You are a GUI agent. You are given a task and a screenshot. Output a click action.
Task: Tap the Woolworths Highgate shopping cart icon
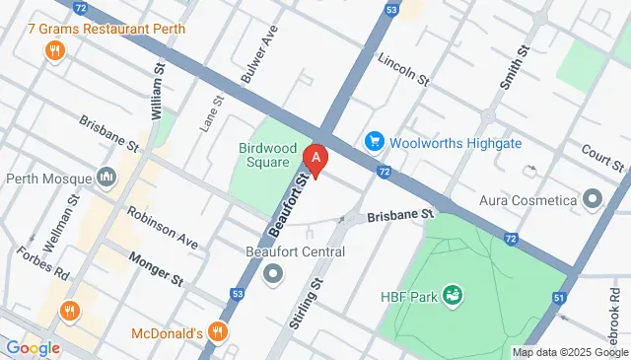tap(375, 142)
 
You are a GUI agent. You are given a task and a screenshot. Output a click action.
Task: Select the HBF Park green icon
tap(453, 294)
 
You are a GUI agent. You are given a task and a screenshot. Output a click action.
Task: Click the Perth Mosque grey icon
tap(107, 180)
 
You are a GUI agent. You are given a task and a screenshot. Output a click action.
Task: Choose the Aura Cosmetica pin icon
tap(593, 200)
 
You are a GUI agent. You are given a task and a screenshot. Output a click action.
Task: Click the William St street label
tap(157, 90)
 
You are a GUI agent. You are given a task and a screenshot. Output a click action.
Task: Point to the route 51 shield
tap(560, 297)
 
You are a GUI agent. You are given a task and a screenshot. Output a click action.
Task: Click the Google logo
tap(33, 347)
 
